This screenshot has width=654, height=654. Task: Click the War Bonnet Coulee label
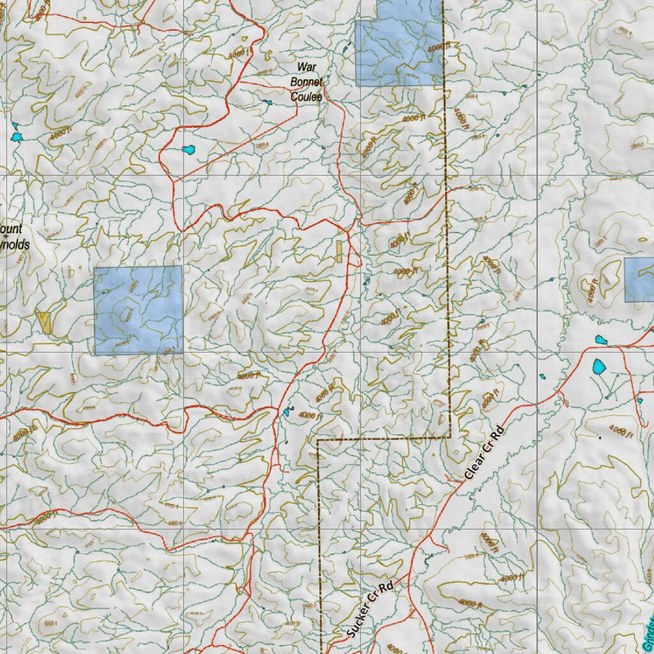click(306, 82)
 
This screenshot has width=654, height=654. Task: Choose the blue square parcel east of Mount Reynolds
click(138, 310)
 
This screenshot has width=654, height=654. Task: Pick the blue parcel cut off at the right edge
click(639, 280)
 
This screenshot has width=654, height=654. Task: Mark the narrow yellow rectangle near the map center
click(339, 250)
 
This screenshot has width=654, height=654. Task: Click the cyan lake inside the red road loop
click(188, 150)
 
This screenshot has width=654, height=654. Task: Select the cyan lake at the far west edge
click(16, 137)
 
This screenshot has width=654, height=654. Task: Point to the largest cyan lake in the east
click(599, 367)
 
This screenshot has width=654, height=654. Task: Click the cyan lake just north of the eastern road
click(601, 340)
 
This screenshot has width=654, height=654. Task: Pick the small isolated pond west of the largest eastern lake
click(543, 376)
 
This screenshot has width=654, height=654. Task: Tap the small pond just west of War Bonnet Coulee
click(266, 102)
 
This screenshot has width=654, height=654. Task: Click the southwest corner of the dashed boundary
click(318, 440)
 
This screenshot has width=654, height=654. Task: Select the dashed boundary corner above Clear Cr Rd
click(449, 437)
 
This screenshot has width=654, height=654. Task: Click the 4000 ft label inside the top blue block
click(439, 47)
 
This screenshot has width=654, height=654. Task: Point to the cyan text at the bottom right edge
click(648, 632)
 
